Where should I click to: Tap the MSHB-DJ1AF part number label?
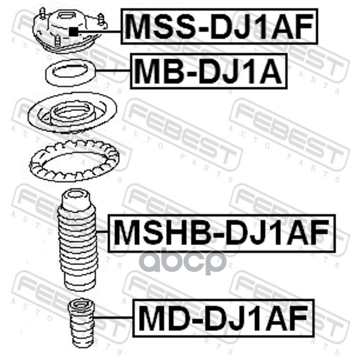222,233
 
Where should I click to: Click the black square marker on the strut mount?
73,31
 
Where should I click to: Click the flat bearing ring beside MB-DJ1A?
71,73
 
